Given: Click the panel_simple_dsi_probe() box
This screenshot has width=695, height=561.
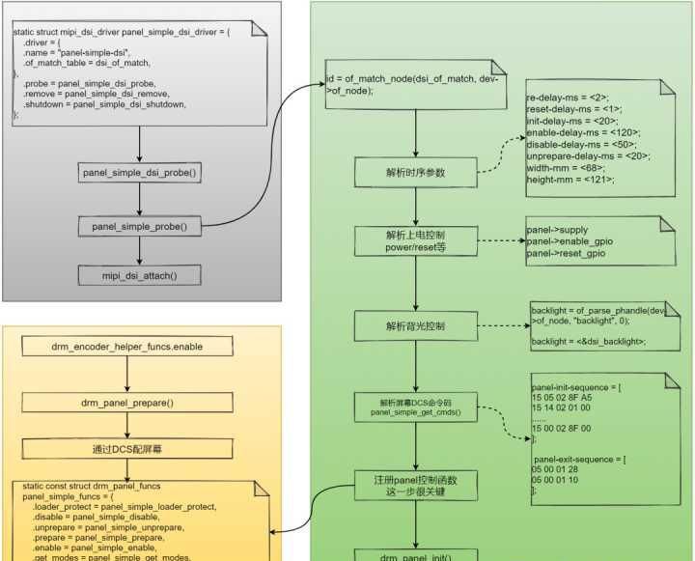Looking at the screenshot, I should tap(140, 174).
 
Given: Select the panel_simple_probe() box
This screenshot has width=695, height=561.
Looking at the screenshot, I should tap(140, 227).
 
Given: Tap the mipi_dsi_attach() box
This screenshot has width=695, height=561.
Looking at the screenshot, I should tap(140, 276).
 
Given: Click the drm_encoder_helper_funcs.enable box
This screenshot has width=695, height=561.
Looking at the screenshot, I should tap(141, 345).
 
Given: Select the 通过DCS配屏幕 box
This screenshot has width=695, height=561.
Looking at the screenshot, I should tap(141, 449).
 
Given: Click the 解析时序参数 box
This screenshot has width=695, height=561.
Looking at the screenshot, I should tap(415, 174).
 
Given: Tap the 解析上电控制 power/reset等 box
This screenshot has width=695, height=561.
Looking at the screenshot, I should tap(415, 241).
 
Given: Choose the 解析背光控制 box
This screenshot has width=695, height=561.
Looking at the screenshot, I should tap(415, 326).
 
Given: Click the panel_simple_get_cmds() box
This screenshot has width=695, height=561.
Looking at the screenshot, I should tap(415, 407).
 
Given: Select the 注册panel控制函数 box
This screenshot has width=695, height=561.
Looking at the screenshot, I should tap(415, 485).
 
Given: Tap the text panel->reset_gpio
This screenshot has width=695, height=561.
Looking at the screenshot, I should tap(567, 253).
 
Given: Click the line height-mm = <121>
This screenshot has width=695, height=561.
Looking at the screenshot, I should tap(570, 180).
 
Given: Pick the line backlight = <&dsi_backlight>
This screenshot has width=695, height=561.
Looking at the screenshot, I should tap(588, 342).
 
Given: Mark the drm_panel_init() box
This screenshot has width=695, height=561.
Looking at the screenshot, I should tap(415, 556).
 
